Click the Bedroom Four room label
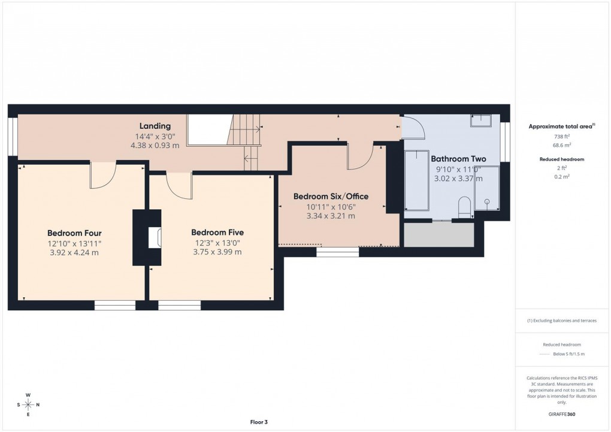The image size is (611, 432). click(74, 233)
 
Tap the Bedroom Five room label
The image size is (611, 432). click(217, 232)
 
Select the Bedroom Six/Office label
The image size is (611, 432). click(331, 197)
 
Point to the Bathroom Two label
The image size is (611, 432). click(458, 159)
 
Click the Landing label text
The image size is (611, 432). click(155, 126)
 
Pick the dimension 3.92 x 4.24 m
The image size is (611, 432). click(74, 252)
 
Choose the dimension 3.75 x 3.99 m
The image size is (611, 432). click(217, 252)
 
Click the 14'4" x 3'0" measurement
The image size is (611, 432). click(155, 136)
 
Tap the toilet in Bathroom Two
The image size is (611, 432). click(464, 209)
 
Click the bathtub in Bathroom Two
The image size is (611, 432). click(416, 180)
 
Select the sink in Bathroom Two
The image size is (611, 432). click(480, 120)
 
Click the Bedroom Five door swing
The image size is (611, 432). click(179, 185)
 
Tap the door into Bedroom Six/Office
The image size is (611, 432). click(359, 157)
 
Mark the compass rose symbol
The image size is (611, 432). click(28, 404)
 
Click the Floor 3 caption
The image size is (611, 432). click(259, 422)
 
